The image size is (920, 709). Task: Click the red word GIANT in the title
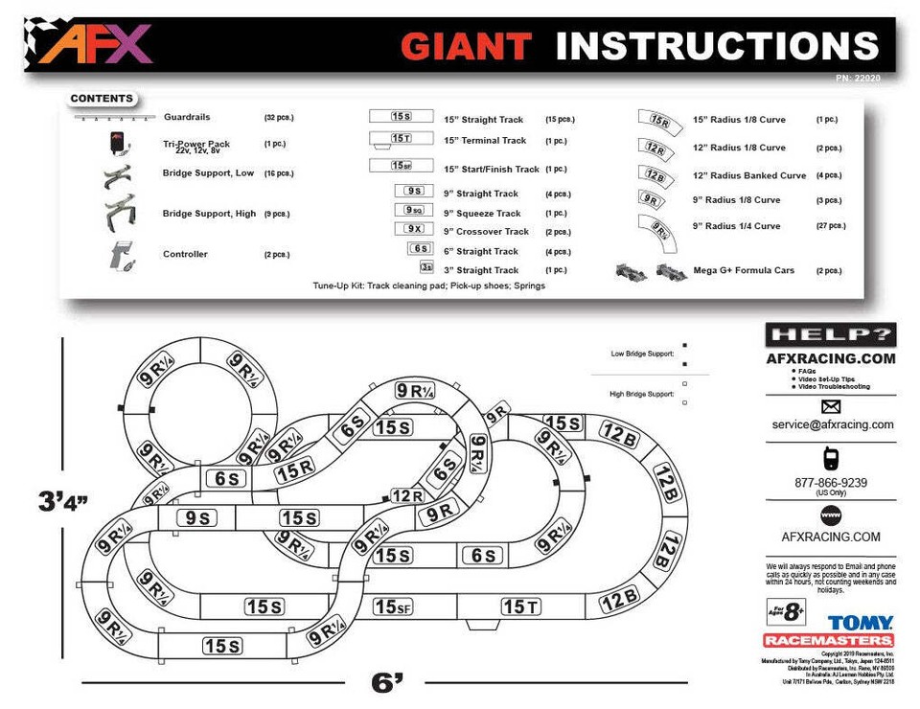click(466, 46)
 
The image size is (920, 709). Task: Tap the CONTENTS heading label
click(102, 99)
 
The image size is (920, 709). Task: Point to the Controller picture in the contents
click(122, 255)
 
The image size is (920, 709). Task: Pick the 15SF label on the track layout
click(393, 606)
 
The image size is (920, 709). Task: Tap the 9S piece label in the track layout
click(197, 517)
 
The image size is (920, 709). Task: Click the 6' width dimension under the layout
click(387, 682)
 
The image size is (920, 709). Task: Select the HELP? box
click(830, 335)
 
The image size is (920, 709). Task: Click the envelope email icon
click(831, 406)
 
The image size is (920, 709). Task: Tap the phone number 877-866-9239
click(831, 483)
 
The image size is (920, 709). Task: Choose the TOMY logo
click(861, 623)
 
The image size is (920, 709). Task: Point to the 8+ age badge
click(786, 610)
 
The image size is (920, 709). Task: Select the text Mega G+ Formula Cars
click(744, 271)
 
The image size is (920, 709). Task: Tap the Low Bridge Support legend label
click(642, 354)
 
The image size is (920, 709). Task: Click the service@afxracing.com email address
click(832, 424)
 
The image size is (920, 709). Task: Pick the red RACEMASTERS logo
click(829, 640)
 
